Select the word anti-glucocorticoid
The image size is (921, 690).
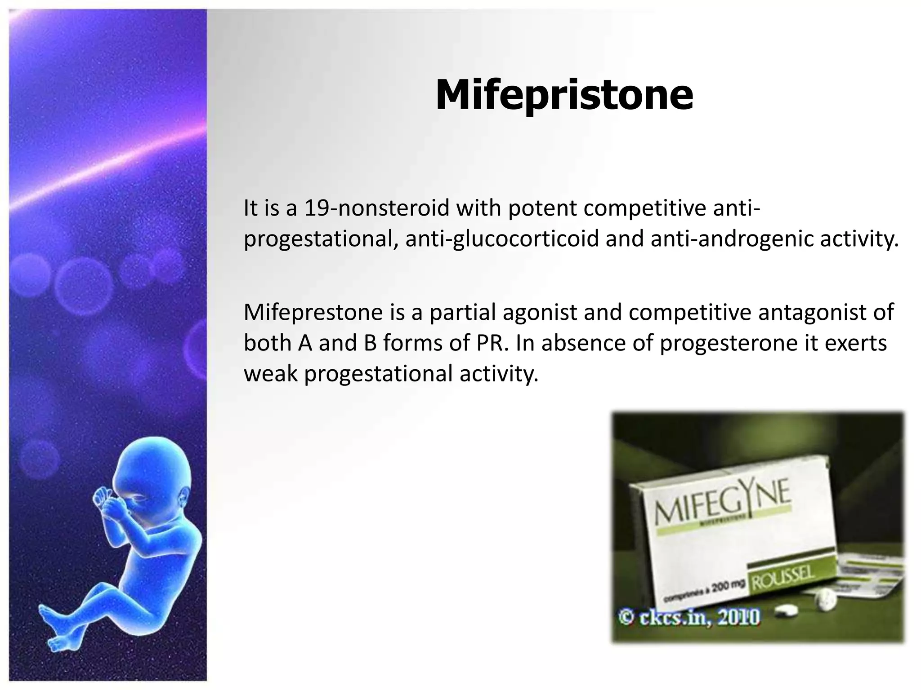[502, 239]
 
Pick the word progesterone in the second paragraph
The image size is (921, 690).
[728, 343]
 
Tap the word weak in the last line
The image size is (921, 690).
[270, 374]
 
